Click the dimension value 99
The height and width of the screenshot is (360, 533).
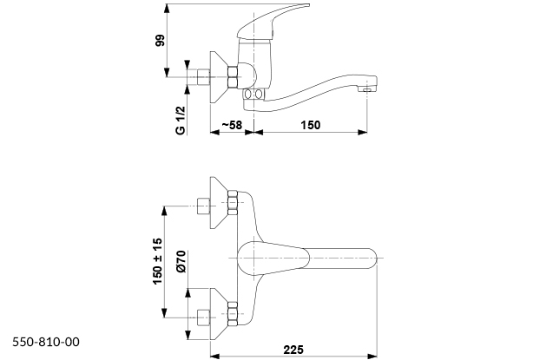tap(160, 41)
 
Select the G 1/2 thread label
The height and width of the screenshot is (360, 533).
tap(181, 121)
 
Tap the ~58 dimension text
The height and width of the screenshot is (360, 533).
tap(232, 125)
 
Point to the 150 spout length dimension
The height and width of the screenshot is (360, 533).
tap(311, 125)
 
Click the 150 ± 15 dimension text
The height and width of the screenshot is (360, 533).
tap(158, 261)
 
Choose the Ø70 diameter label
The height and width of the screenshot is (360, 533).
tap(181, 261)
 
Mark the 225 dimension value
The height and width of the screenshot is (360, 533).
tap(293, 350)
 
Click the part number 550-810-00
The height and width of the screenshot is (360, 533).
tap(46, 342)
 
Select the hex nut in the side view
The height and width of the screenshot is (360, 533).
tap(233, 77)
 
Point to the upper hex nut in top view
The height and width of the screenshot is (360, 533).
tap(233, 203)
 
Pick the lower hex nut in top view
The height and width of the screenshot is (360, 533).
tap(233, 314)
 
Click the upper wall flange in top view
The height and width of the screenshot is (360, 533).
tap(220, 202)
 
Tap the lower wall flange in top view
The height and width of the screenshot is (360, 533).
tap(220, 314)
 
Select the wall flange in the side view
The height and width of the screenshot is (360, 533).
tap(220, 77)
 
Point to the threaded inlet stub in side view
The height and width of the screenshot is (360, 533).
tap(203, 77)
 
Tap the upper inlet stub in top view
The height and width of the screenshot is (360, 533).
tap(203, 206)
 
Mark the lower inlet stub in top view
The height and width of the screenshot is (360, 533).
tap(203, 317)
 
